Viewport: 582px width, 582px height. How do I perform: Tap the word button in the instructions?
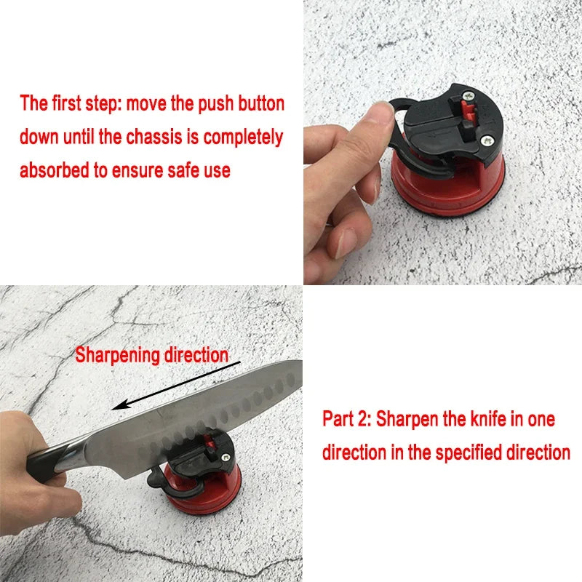click(x=261, y=103)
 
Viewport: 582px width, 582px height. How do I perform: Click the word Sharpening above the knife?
click(x=117, y=356)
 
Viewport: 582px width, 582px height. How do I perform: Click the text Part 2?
click(x=347, y=419)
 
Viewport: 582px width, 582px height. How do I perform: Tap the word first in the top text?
click(x=66, y=103)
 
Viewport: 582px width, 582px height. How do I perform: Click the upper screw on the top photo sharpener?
click(x=469, y=96)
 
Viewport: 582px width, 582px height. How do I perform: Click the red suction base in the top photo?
click(x=447, y=186)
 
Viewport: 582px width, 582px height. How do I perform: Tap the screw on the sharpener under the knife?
click(x=226, y=458)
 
